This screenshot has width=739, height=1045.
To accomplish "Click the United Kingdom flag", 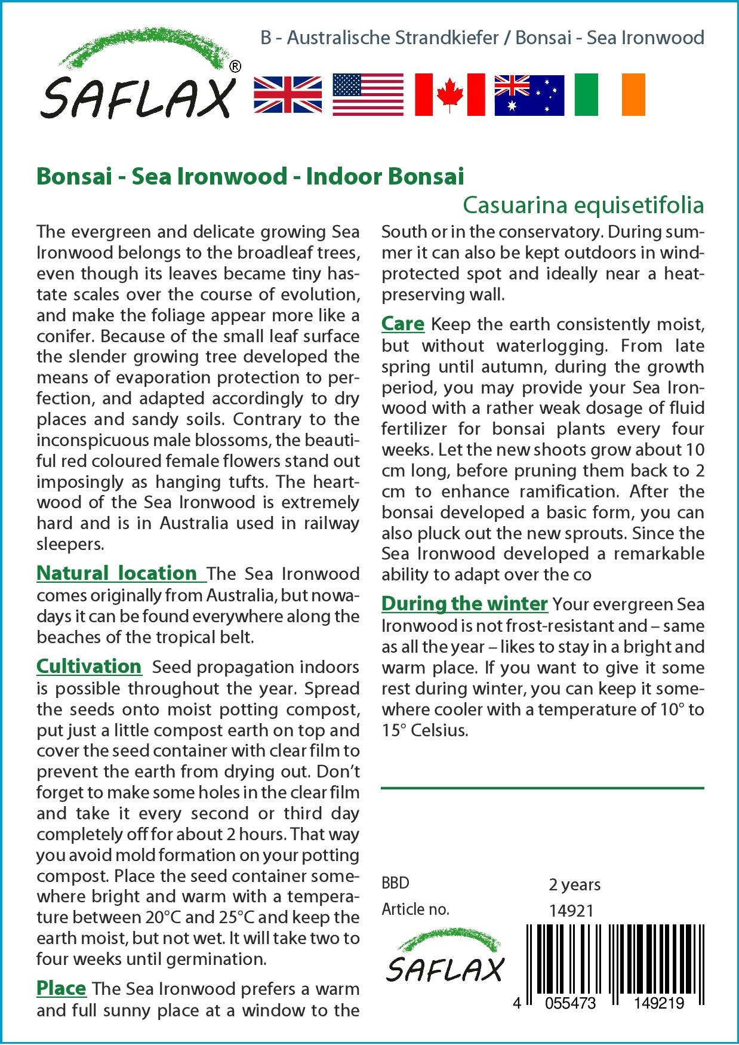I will tap(288, 94).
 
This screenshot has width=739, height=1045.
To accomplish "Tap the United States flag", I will tap(368, 94).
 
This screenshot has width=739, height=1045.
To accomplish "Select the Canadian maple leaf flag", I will tap(449, 94).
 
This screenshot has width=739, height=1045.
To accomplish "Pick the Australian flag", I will tap(529, 94).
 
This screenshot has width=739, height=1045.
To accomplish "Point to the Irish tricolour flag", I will tap(609, 94).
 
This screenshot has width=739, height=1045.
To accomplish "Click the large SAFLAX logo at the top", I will tap(137, 78).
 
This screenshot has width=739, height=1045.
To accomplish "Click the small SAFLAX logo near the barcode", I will tap(445, 954).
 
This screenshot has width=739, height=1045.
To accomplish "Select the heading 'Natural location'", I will tap(117, 573).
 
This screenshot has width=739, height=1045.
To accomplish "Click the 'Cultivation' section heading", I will tap(89, 666).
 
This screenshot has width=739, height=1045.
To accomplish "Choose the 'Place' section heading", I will tap(61, 988).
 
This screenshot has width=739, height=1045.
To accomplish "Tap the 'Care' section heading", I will tap(403, 324).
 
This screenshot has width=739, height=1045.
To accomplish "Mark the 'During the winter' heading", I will tap(464, 604).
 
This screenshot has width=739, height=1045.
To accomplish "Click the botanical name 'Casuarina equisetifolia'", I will tap(583, 205).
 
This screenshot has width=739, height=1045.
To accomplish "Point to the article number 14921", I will tap(571, 911).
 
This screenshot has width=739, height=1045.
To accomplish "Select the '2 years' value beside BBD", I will tap(574, 884).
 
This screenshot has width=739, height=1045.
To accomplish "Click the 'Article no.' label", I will tap(415, 909).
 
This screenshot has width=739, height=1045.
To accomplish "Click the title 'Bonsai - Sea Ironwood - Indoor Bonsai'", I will tap(250, 176).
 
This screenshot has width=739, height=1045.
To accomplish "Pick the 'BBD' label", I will tap(395, 883).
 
